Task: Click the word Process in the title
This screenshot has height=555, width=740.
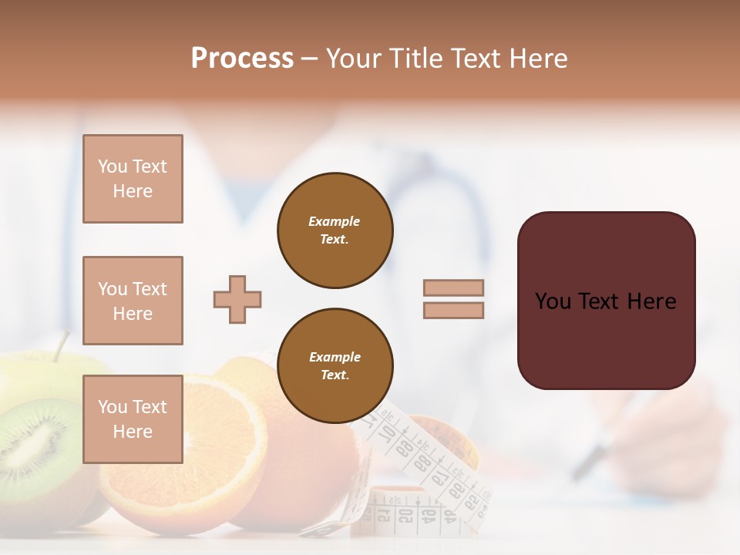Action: [242, 59]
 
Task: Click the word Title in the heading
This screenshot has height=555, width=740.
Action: [416, 59]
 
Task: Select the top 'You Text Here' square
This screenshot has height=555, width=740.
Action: [133, 179]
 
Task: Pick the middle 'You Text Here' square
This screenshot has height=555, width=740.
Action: [133, 301]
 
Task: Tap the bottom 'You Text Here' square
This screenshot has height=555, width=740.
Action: [133, 419]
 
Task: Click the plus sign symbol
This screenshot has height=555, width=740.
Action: [237, 300]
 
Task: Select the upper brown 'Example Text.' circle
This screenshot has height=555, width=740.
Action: [335, 230]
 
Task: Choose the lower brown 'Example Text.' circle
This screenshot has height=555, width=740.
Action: [335, 366]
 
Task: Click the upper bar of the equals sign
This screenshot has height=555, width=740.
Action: [453, 288]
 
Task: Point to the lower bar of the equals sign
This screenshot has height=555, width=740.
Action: [453, 311]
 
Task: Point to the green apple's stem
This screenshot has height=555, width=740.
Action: [61, 345]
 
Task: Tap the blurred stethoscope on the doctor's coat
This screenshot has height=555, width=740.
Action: [455, 208]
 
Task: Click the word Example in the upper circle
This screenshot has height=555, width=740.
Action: [334, 221]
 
